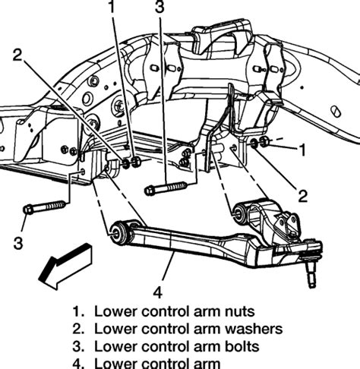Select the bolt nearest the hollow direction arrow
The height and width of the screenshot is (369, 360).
click(x=47, y=205)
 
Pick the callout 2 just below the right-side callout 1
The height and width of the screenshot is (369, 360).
click(x=302, y=197)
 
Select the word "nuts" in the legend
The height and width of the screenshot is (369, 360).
click(x=236, y=311)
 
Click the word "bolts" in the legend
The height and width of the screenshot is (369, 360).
click(x=238, y=348)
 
